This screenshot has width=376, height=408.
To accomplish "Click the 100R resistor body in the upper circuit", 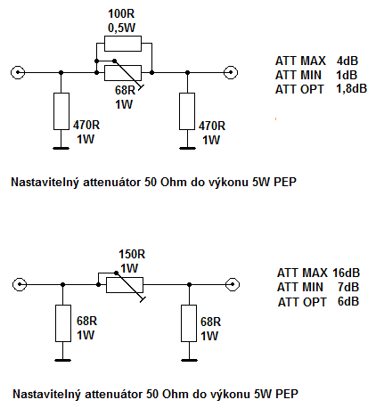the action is click(123, 44).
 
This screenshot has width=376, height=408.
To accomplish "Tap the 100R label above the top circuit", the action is click(121, 13).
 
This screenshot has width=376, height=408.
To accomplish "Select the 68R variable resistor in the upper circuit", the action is click(123, 73).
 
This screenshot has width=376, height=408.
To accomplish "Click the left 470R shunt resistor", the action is click(61, 111).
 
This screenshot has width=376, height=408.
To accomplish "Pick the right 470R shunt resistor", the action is click(187, 111).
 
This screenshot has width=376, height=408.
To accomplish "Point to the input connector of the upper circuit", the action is click(18, 72).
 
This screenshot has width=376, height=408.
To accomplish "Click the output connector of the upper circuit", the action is click(231, 72).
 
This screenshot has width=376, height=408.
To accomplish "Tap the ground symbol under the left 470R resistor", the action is click(61, 148).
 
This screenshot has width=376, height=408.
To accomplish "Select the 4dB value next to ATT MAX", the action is click(347, 61).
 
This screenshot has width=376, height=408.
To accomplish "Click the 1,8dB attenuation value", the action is click(352, 89).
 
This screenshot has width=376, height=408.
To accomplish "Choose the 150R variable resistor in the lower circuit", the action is click(125, 285).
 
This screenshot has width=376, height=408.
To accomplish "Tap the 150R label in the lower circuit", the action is click(132, 255).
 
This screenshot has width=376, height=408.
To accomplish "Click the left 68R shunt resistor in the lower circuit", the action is click(63, 323).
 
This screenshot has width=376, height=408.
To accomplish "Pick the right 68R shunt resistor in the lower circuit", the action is click(189, 323).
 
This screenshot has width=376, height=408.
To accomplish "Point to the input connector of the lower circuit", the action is click(20, 284).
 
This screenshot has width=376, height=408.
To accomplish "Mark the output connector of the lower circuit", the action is click(233, 284).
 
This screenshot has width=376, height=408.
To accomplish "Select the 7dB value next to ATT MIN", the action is click(348, 287).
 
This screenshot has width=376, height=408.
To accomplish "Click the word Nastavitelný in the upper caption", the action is click(45, 183).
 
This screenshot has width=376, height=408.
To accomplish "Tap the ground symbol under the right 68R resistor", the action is click(189, 360).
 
